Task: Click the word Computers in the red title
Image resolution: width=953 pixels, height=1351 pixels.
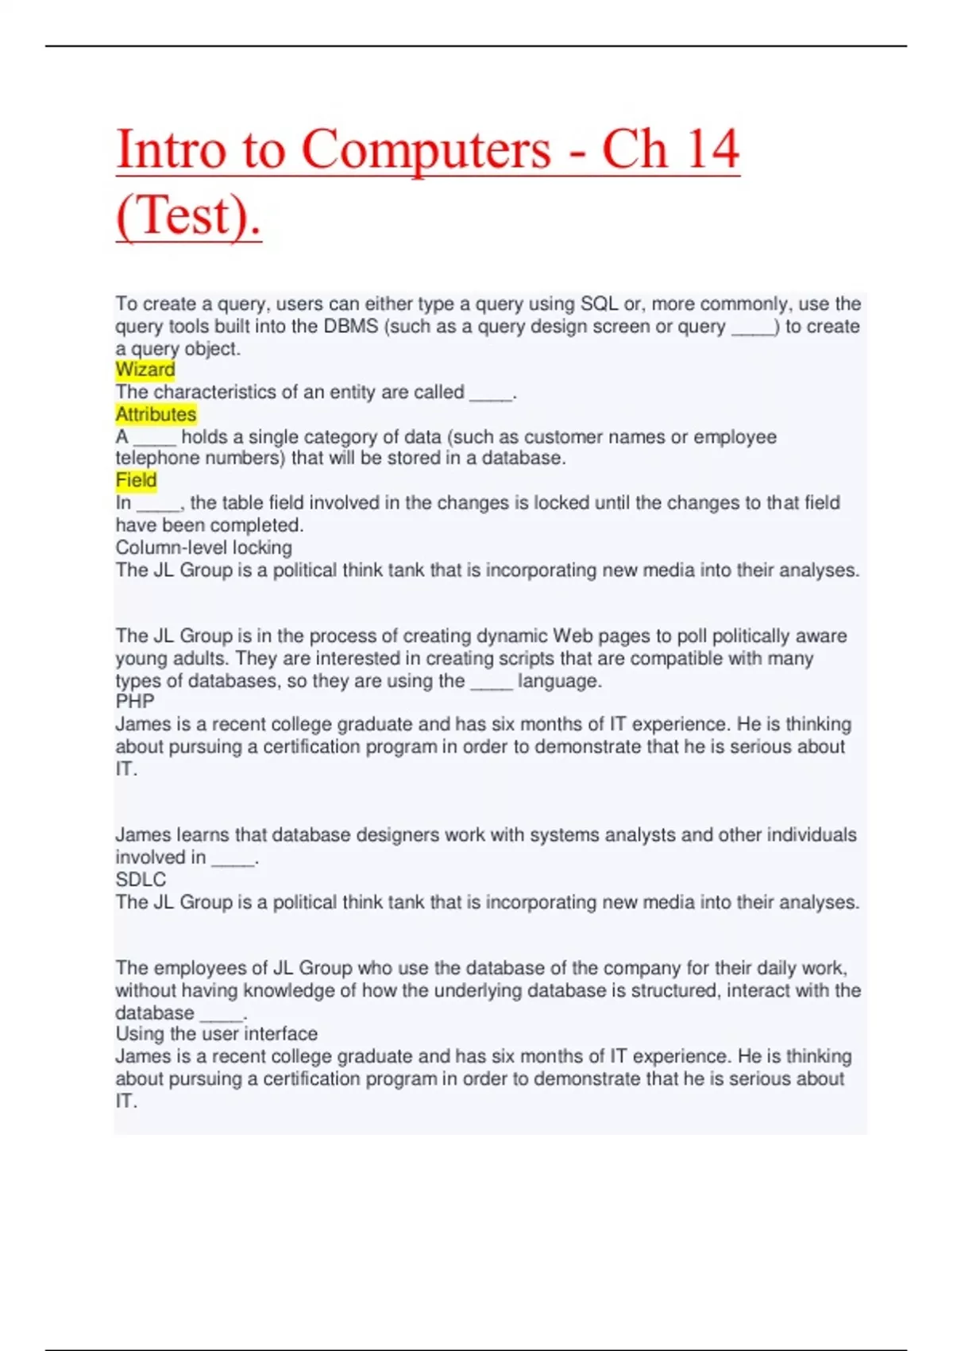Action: point(426,149)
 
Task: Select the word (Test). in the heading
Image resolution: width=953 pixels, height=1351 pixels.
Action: point(188,215)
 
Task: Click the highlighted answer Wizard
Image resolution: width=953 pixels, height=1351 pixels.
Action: point(145,370)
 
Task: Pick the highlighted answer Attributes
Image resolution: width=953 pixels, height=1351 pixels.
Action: point(156,414)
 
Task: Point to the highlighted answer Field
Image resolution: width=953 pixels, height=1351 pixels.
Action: point(136,480)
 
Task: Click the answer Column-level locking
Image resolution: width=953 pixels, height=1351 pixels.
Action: point(204,548)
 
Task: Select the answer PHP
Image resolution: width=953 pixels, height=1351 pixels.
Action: point(135,702)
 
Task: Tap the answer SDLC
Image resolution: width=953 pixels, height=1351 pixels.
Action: point(141,880)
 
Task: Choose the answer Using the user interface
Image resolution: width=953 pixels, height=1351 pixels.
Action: point(216,1034)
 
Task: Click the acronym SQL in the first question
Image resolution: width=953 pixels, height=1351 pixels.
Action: point(599,304)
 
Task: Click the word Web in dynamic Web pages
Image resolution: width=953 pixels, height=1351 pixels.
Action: point(571,636)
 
